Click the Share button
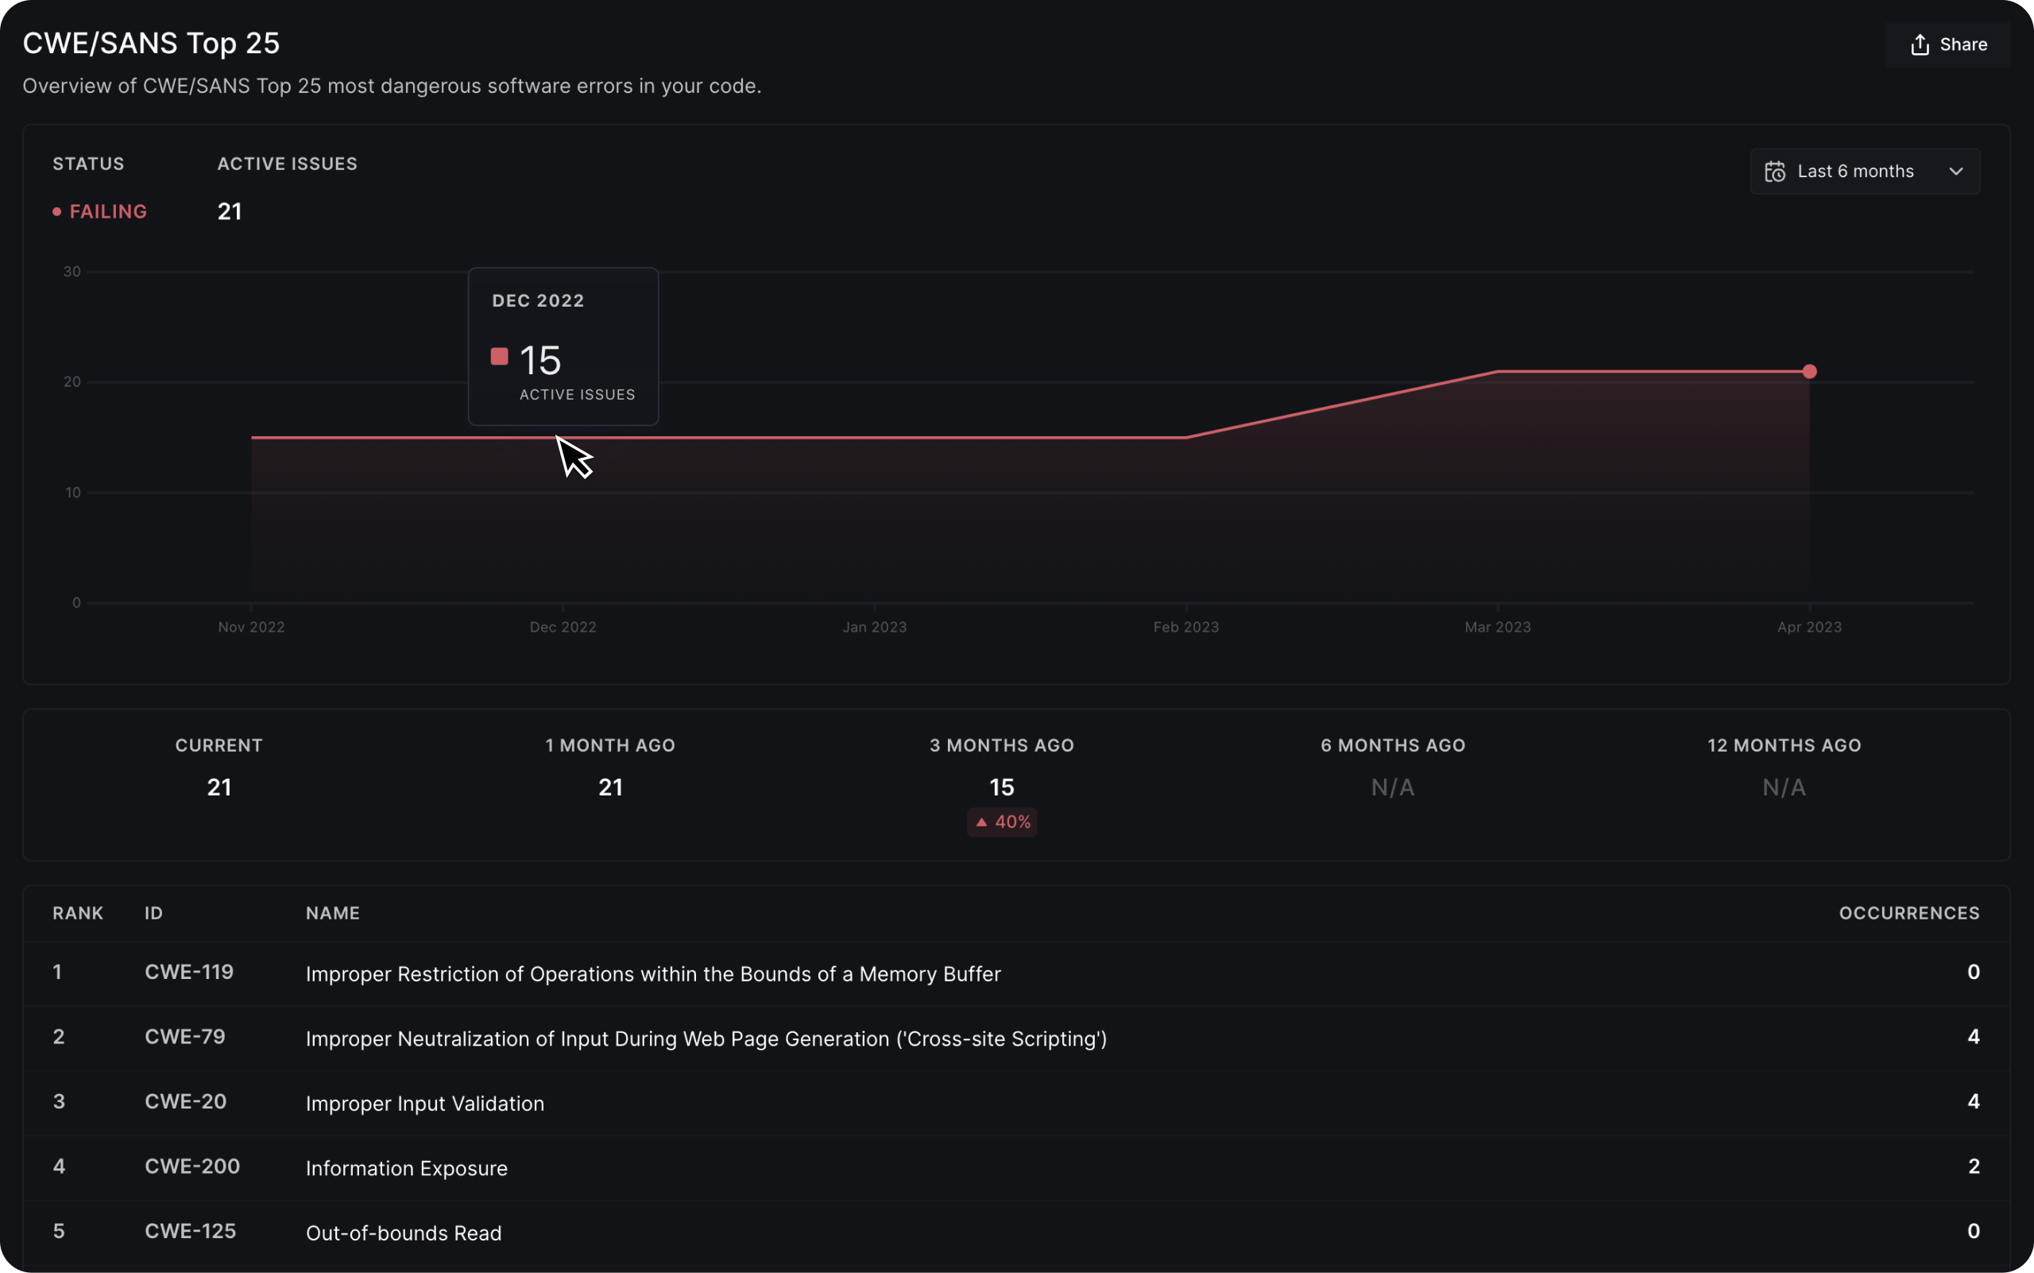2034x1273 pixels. click(1947, 44)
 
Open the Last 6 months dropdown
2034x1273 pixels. click(1864, 172)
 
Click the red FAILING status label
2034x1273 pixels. click(108, 211)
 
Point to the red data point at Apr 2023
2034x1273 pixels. click(1809, 371)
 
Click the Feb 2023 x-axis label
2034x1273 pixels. click(1185, 627)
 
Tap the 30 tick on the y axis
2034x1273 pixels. click(72, 272)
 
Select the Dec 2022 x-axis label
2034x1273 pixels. click(563, 627)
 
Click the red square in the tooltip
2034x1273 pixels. click(499, 357)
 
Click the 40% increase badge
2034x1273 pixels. click(1002, 822)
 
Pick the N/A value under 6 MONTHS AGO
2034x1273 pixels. click(1393, 787)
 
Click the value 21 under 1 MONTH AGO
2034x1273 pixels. click(610, 787)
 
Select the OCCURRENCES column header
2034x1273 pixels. click(1908, 914)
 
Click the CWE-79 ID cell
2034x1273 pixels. click(185, 1036)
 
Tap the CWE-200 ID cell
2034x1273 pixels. click(192, 1166)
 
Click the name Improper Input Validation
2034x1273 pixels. click(424, 1103)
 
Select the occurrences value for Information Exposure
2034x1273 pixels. click(1974, 1166)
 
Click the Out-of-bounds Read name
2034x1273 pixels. click(404, 1232)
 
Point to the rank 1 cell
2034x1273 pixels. click(57, 972)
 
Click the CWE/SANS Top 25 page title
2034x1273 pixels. click(151, 43)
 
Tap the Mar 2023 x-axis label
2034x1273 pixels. click(1497, 627)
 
